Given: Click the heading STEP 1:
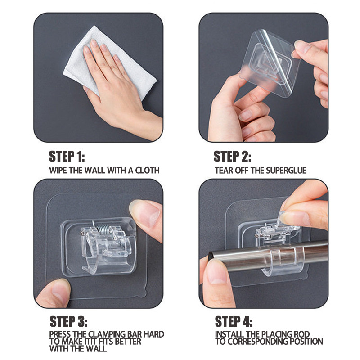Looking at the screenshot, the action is tap(67, 156).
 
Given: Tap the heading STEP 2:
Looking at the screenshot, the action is tap(232, 156).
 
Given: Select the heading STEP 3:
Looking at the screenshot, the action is tap(68, 321).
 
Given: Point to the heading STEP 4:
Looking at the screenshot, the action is tap(234, 321).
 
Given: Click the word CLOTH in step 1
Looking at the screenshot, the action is tap(148, 171).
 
